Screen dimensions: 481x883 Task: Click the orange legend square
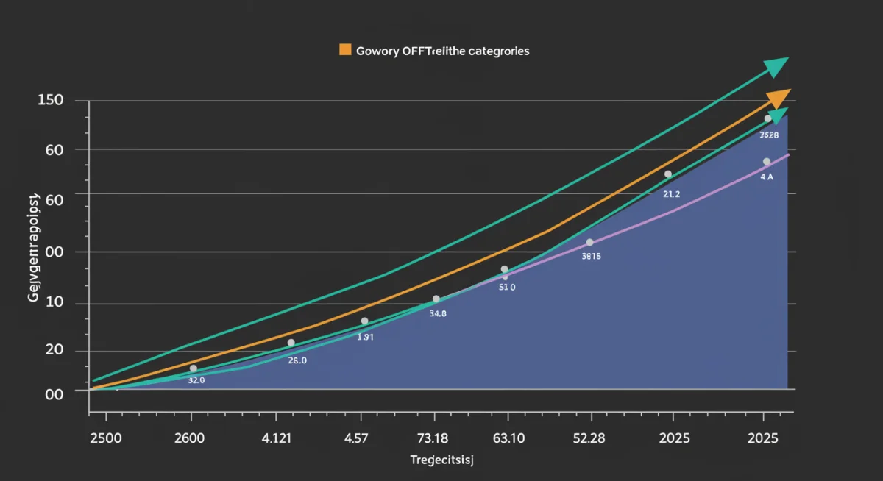point(344,50)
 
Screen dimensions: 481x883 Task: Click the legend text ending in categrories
point(442,51)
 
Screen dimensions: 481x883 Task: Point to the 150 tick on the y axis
point(50,100)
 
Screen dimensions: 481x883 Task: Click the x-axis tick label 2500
point(105,438)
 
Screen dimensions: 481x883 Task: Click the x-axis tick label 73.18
point(432,438)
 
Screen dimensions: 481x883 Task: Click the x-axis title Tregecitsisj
point(441,460)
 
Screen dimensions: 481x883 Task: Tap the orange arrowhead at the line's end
point(779,99)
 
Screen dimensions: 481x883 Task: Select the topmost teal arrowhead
point(776,68)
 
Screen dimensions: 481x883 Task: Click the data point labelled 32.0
point(194,368)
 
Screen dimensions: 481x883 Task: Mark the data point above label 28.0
point(291,343)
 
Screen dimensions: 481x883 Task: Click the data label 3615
point(591,257)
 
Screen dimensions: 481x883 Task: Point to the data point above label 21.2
point(668,174)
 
